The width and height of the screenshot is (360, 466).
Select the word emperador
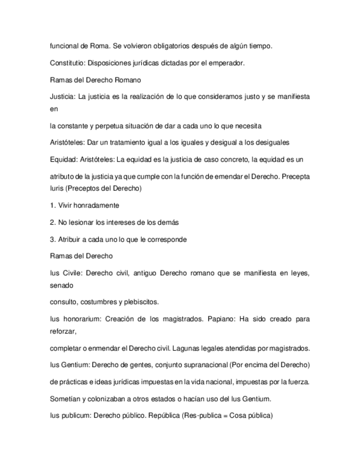(227, 63)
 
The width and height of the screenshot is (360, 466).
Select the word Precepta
(294, 176)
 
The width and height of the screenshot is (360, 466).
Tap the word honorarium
(78, 319)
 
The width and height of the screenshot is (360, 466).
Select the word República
(150, 415)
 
